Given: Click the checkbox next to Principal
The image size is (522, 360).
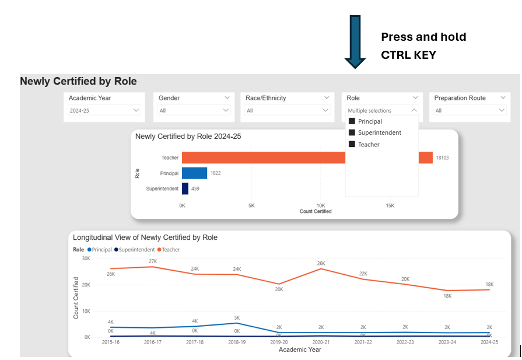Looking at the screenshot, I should tap(352, 121).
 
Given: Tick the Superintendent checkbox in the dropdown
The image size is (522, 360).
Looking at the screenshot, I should tap(352, 132).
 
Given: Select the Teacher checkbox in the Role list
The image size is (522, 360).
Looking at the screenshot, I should tap(352, 144).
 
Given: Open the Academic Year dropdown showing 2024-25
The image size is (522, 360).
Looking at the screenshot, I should tap(136, 110).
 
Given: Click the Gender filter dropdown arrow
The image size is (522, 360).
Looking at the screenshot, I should tap(226, 110).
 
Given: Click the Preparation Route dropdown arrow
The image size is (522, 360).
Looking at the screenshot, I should tap(502, 110).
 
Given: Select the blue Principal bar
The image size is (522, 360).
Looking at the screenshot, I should tap(194, 173).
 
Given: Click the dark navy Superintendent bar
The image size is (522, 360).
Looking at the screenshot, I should tap(185, 188).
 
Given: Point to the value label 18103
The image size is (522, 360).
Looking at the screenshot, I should tap(442, 158).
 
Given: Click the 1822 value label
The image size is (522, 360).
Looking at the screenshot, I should tap(215, 173).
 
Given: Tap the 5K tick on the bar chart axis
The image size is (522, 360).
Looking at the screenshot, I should tap(251, 205).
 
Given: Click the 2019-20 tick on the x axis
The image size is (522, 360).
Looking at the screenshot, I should tap(279, 342).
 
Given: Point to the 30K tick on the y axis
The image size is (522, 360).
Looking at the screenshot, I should tap(86, 258).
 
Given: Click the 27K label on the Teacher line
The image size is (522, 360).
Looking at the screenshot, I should tap(153, 261).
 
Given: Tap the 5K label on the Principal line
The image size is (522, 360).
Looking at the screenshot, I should tap(237, 318).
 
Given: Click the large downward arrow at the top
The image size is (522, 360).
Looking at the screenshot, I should tap(355, 41).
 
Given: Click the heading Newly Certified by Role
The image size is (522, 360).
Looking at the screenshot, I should tap(78, 81).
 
